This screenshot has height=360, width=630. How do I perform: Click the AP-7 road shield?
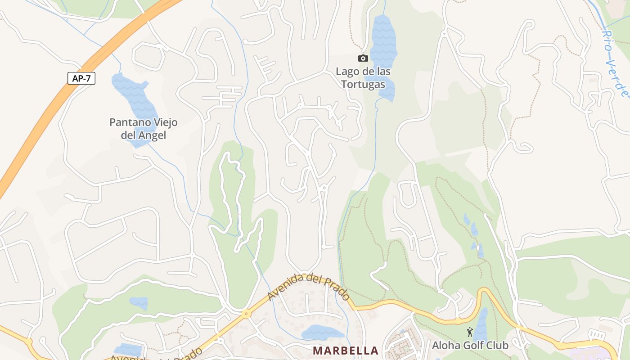coord(81,78)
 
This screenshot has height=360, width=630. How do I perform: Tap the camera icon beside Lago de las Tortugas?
coord(363,58)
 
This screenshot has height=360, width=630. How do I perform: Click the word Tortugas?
coord(363,84)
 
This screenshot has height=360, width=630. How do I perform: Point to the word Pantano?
coord(128,122)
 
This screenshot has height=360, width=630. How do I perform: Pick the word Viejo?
coord(163,122)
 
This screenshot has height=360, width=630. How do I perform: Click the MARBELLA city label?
coord(346,350)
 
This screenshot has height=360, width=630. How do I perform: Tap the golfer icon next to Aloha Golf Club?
coord(470,332)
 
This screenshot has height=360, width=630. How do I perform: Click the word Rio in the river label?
coord(608,41)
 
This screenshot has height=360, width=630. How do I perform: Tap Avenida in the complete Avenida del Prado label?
coord(284,288)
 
